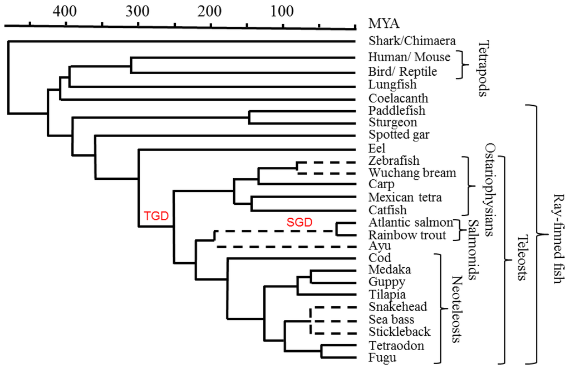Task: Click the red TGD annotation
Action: [156, 216]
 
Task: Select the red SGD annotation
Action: [299, 223]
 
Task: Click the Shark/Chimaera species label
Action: [412, 41]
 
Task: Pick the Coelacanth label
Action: [398, 99]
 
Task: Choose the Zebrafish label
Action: [394, 161]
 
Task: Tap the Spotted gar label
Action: [399, 135]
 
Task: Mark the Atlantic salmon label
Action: [410, 223]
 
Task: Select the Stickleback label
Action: [400, 332]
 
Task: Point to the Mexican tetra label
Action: [405, 197]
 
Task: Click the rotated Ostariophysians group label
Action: [489, 189]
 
